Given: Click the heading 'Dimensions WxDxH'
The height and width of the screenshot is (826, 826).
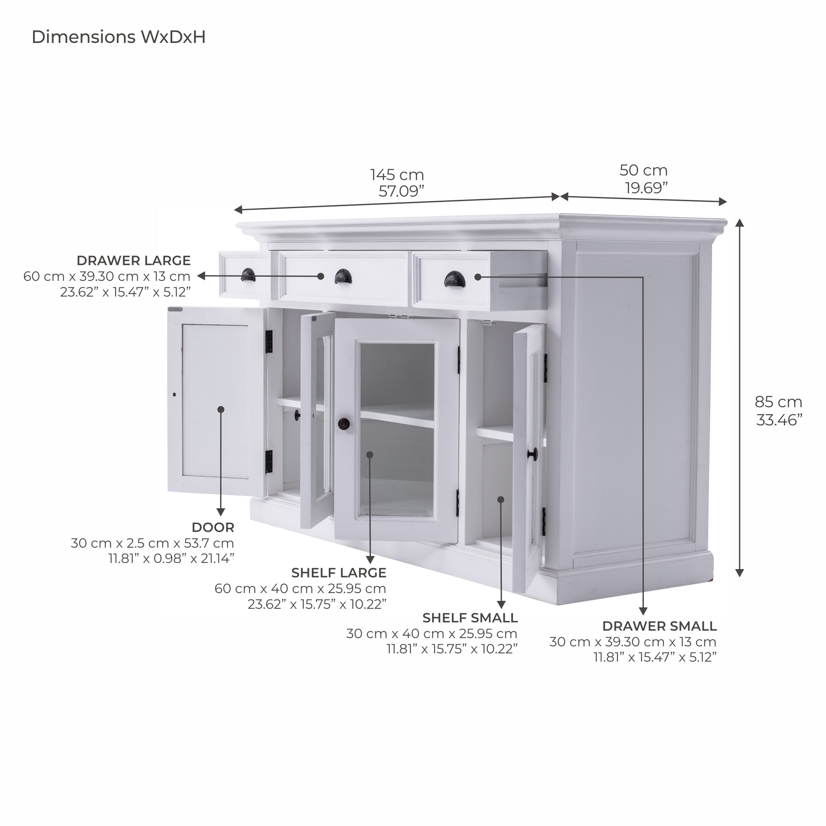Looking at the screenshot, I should tap(119, 37).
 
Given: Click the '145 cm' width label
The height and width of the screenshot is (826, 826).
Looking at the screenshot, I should tap(397, 175).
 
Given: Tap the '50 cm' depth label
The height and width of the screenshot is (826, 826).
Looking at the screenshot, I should tap(643, 171).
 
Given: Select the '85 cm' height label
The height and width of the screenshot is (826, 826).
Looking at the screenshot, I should tap(778, 402).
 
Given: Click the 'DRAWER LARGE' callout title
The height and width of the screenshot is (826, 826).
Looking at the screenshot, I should tap(133, 260).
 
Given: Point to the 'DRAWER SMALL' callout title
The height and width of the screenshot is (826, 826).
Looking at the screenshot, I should tap(659, 626).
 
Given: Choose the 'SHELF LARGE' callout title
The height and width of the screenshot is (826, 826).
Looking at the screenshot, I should tap(339, 572).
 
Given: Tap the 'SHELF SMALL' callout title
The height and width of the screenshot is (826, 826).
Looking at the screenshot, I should tap(470, 618).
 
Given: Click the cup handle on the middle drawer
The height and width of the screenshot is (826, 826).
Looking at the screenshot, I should tap(342, 276).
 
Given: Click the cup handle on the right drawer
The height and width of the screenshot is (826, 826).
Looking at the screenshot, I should tap(453, 280).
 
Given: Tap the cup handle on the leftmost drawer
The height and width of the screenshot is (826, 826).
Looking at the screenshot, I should tap(248, 275).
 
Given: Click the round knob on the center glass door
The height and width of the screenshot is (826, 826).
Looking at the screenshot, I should tap(344, 424).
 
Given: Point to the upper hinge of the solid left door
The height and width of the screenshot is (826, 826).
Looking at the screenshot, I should tap(269, 342).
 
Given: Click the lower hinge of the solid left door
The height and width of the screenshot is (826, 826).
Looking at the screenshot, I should tap(268, 462).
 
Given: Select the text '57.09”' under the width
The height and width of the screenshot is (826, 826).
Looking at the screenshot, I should tap(401, 191).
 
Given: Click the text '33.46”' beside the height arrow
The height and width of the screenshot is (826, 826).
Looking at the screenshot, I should tap(779, 420).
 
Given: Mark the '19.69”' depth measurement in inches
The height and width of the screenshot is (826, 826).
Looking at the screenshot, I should tap(646, 188).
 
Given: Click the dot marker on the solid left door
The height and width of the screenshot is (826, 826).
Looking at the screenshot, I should tap(221, 410).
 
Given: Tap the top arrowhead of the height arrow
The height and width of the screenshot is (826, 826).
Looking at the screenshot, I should tap(739, 223).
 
